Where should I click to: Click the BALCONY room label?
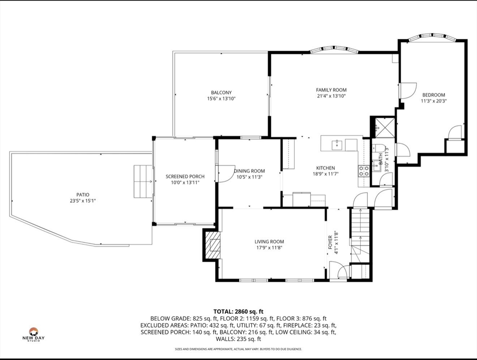pyautogui.click(x=221, y=92)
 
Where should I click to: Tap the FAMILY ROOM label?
pyautogui.click(x=331, y=90)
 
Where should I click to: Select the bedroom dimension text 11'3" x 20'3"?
pyautogui.click(x=433, y=101)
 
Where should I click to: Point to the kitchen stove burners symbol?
pyautogui.click(x=364, y=171)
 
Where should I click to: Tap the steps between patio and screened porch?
pyautogui.click(x=143, y=181)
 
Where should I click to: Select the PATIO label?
pyautogui.click(x=83, y=195)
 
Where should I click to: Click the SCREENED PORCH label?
pyautogui.click(x=185, y=177)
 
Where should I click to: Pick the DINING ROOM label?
pyautogui.click(x=249, y=171)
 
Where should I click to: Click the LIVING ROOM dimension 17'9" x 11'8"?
pyautogui.click(x=269, y=248)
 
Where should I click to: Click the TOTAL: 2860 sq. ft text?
pyautogui.click(x=238, y=311)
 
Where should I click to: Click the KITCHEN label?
pyautogui.click(x=325, y=168)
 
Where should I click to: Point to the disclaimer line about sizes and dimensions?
pyautogui.click(x=238, y=349)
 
